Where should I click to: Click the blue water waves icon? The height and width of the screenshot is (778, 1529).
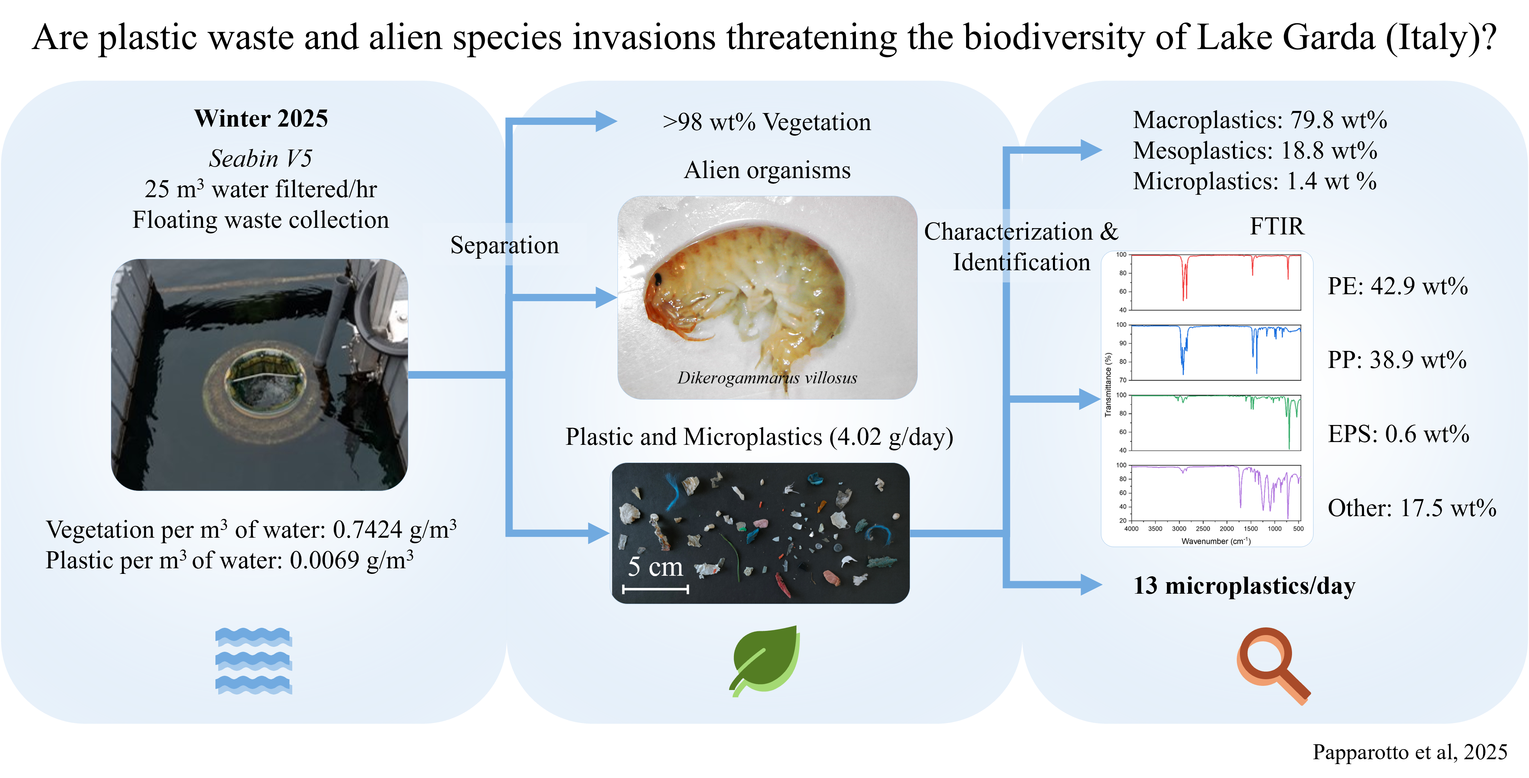tap(253, 660)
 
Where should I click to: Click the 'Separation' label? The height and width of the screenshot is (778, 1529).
tap(505, 245)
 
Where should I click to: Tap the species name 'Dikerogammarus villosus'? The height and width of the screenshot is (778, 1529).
tap(767, 378)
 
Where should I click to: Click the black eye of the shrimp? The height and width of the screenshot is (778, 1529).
tap(658, 277)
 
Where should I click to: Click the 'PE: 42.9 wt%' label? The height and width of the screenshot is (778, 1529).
tap(1397, 286)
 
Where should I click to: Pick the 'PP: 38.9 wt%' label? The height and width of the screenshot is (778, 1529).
tap(1397, 360)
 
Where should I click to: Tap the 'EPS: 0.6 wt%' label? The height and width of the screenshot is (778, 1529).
tap(1398, 434)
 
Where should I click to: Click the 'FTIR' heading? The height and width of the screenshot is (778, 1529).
tap(1277, 226)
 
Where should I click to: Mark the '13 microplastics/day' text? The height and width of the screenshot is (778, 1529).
tap(1244, 586)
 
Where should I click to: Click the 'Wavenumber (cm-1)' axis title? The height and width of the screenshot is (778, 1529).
tap(1216, 541)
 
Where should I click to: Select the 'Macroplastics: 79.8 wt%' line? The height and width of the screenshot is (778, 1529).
tap(1260, 120)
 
